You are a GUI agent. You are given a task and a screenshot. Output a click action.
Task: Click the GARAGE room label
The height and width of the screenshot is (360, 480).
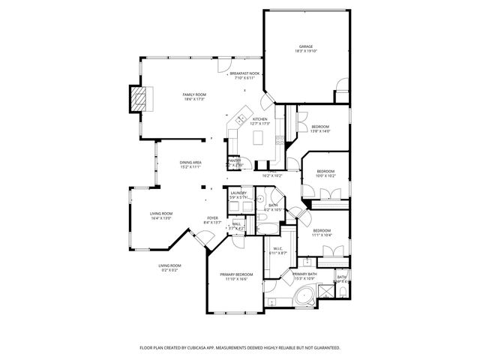[306, 46]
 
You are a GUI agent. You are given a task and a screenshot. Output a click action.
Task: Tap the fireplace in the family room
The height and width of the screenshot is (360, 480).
[139, 100]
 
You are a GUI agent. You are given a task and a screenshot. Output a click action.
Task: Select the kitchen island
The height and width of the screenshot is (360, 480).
[261, 137]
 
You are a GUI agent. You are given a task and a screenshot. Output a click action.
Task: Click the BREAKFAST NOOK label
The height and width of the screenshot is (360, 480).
[244, 73]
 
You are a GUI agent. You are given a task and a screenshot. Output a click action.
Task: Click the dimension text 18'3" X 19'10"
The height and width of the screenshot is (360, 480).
[306, 51]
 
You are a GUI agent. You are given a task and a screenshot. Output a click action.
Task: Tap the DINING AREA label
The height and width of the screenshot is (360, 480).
[190, 163]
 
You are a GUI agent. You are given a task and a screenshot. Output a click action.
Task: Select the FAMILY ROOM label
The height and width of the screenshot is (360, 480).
[194, 94]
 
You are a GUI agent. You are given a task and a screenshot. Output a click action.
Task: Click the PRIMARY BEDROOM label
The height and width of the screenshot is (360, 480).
[236, 274]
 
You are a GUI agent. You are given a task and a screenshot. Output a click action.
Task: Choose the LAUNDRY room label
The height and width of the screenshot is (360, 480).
[238, 193]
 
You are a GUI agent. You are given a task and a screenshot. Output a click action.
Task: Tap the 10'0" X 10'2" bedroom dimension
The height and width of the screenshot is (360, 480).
[325, 176]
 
